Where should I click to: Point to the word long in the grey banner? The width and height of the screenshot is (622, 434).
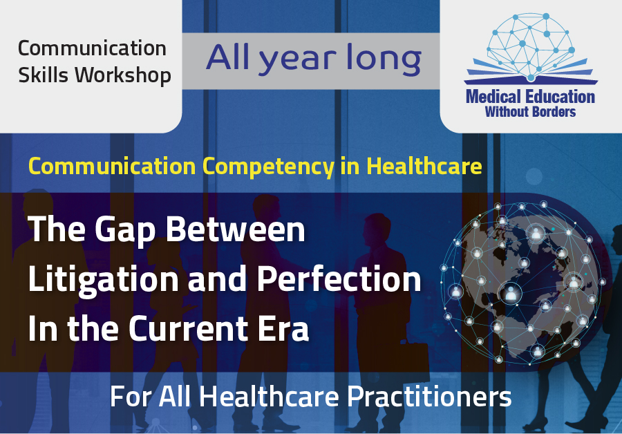coord(384,59)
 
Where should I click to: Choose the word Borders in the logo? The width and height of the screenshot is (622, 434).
coord(554,112)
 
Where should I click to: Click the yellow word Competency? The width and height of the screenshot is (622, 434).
coord(269,167)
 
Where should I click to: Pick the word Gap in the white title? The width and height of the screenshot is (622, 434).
coord(126,231)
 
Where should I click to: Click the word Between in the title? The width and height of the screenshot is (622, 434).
coord(236,229)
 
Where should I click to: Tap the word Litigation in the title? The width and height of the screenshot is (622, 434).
coord(104,280)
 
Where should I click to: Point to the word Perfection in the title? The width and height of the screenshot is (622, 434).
coord(339,279)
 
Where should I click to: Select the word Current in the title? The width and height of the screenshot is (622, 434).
coord(189,328)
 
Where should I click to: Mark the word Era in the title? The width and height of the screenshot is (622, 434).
coord(283,328)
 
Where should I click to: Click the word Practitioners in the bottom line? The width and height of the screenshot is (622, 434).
coord(429,397)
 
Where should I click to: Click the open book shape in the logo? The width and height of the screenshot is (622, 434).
coord(531,72)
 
